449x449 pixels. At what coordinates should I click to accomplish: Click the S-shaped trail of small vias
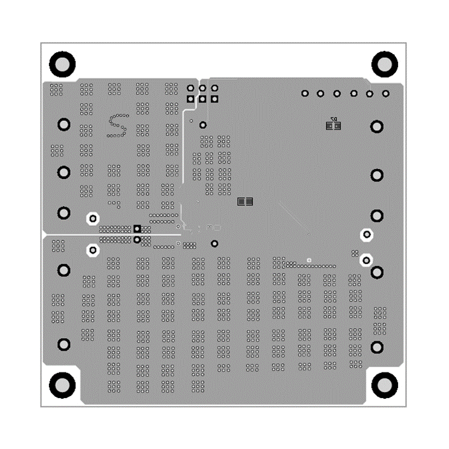(x=118, y=125)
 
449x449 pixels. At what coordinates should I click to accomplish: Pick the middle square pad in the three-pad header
(x=203, y=100)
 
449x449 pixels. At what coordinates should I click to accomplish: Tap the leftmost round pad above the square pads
(x=191, y=88)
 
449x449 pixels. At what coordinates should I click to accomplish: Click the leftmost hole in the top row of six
(x=305, y=94)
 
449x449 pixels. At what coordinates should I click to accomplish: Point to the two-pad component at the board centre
(x=245, y=201)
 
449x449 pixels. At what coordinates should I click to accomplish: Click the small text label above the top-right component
(x=333, y=118)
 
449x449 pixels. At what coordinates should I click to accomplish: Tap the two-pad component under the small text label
(x=333, y=125)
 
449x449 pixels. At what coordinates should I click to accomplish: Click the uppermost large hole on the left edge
(x=64, y=124)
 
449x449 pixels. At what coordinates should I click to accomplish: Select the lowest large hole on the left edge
(x=64, y=344)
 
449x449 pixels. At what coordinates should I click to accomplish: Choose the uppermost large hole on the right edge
(x=376, y=126)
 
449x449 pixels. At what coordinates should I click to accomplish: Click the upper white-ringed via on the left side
(x=93, y=218)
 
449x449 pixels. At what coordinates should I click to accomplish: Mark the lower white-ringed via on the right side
(x=366, y=260)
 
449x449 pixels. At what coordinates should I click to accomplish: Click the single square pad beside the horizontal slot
(x=137, y=228)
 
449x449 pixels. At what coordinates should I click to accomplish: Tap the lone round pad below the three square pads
(x=203, y=124)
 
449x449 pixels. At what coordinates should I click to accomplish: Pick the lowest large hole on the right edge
(x=377, y=347)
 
